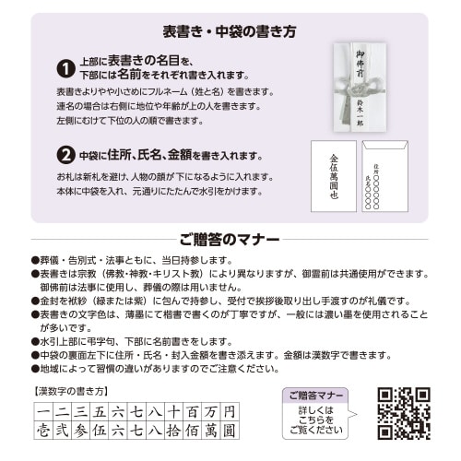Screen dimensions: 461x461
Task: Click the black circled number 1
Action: pyautogui.click(x=65, y=68)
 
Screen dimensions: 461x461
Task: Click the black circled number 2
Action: pyautogui.click(x=65, y=153)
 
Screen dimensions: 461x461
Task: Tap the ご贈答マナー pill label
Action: pyautogui.click(x=316, y=395)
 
